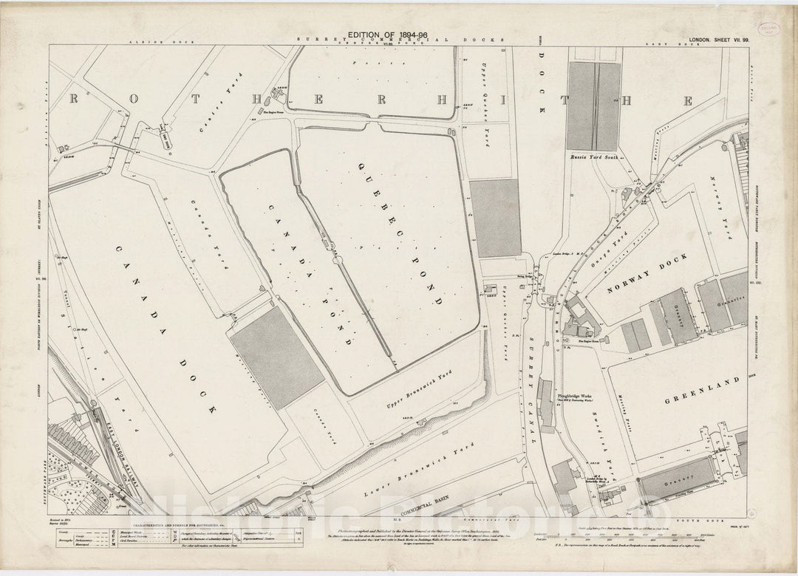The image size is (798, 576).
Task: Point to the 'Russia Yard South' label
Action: coord(594,157)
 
